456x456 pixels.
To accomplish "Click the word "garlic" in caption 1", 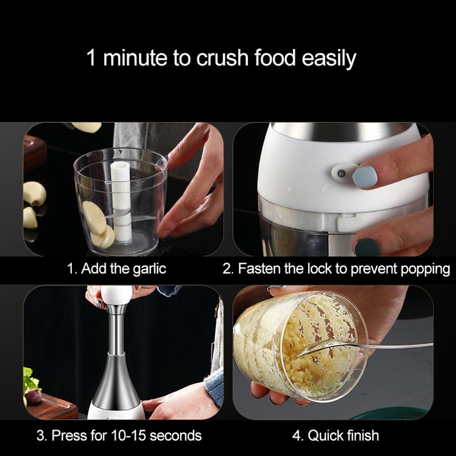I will click(x=149, y=269).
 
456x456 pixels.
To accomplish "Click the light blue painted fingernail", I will click(x=365, y=177).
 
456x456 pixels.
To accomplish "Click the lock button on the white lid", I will click(x=340, y=172).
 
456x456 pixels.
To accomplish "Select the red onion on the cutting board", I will click(x=33, y=396).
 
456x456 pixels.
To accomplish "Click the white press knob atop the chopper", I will click(x=116, y=296).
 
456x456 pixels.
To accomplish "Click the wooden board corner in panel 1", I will click(x=35, y=152).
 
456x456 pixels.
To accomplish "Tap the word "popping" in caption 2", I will click(x=425, y=269).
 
